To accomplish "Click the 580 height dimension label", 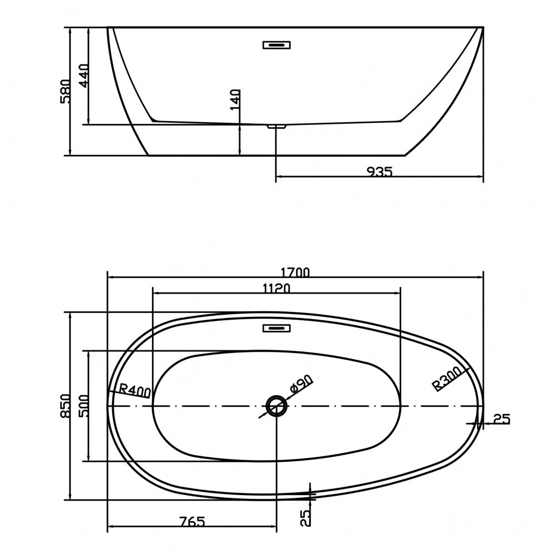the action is pyautogui.click(x=66, y=91).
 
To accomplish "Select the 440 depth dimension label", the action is pyautogui.click(x=84, y=75).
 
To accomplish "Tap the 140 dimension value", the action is pyautogui.click(x=235, y=100).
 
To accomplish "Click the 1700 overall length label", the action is pyautogui.click(x=295, y=272).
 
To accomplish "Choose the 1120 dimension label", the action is pyautogui.click(x=276, y=289).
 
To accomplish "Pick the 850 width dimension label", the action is pyautogui.click(x=66, y=406).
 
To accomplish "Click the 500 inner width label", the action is pyautogui.click(x=84, y=406).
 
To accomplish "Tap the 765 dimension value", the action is pyautogui.click(x=191, y=521).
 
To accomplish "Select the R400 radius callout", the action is pyautogui.click(x=134, y=390).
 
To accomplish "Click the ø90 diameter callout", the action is pyautogui.click(x=301, y=384).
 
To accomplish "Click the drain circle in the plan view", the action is pyautogui.click(x=276, y=406).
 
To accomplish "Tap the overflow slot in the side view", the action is pyautogui.click(x=276, y=45).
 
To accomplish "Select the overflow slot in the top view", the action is pyautogui.click(x=276, y=328).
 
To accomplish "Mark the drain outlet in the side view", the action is pyautogui.click(x=277, y=127).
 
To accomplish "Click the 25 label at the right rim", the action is pyautogui.click(x=502, y=420).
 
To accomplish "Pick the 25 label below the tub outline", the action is pyautogui.click(x=306, y=518).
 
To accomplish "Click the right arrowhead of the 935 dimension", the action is pyautogui.click(x=480, y=176).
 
